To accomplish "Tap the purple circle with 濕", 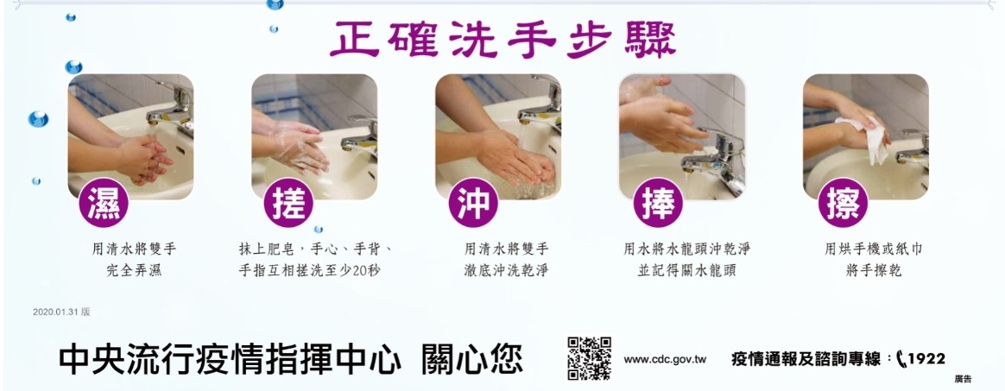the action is click(x=104, y=203).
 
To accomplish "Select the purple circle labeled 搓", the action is click(x=288, y=203).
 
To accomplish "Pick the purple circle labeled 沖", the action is click(x=473, y=203).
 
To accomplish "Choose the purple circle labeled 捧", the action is click(x=658, y=203).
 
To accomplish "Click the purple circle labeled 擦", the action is click(x=843, y=203).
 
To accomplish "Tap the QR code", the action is click(x=589, y=358).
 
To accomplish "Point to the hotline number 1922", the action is click(x=926, y=359).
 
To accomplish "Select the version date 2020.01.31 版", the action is click(x=61, y=312).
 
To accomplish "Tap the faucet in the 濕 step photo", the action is click(x=171, y=106).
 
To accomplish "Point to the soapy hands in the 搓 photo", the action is click(x=296, y=148).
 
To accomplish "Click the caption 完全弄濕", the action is click(x=134, y=270).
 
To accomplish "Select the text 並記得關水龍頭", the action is click(x=686, y=270).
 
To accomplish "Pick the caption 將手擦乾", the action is click(x=874, y=270).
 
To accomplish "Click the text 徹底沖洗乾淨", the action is click(x=506, y=270).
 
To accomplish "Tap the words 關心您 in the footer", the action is click(x=471, y=360).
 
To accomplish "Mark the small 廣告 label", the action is click(x=963, y=379).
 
